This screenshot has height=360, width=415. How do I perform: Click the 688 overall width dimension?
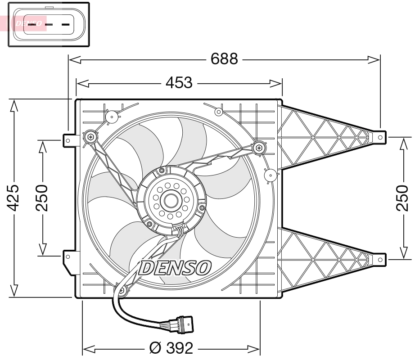[224, 59]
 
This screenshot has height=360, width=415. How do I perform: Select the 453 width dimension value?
[179, 83]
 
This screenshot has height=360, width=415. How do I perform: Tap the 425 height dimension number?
[14, 198]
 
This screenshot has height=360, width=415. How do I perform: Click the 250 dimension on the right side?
[402, 198]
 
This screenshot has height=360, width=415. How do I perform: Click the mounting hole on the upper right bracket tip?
[380, 136]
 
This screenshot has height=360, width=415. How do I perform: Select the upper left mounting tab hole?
[68, 140]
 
